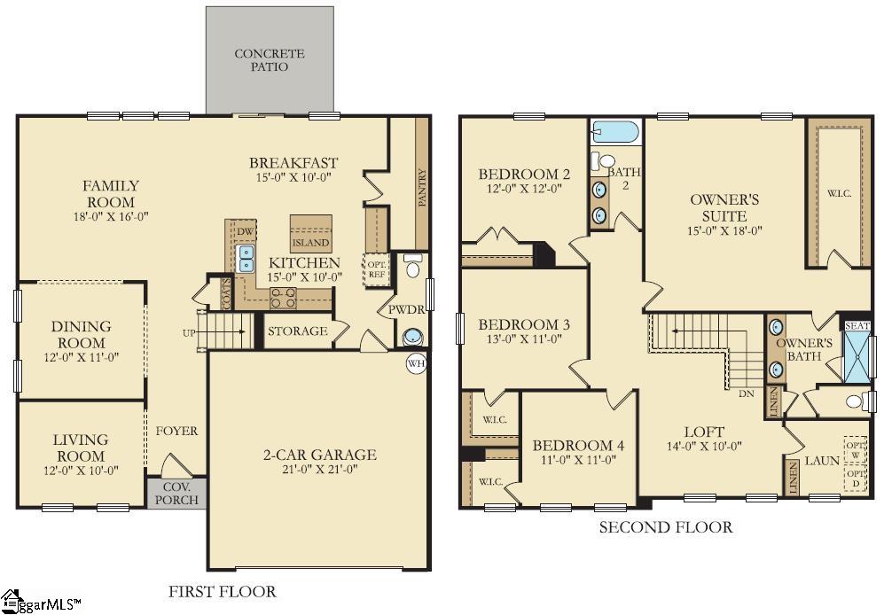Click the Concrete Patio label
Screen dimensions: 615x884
point(269,60)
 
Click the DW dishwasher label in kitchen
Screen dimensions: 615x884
point(245,231)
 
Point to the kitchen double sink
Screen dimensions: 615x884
point(246,259)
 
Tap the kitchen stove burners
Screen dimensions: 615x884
point(283,299)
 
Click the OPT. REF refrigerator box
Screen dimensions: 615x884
point(376,269)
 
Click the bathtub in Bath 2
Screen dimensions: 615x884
point(614,133)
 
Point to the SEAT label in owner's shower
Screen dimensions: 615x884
point(857,326)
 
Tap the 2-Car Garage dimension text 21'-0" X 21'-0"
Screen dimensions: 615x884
point(319,471)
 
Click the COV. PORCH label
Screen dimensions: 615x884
point(176,493)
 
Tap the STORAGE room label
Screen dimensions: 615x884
point(297,331)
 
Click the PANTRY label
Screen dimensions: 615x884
point(421,188)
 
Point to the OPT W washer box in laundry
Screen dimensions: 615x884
point(854,449)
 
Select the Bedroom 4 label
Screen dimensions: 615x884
point(577,446)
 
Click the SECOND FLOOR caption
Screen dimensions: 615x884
point(665,528)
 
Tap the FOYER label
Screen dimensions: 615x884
point(176,432)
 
